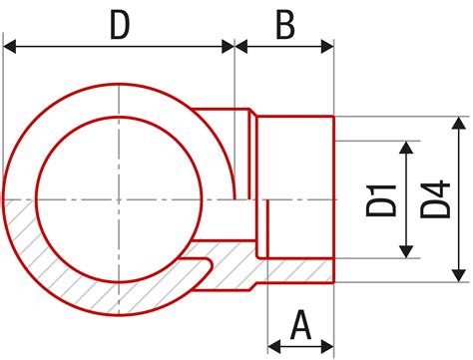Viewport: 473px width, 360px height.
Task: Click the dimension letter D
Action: (120, 26)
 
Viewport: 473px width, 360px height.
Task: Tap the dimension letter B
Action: (285, 26)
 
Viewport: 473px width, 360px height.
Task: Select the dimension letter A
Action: (300, 325)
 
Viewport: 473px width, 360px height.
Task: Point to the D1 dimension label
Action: (381, 200)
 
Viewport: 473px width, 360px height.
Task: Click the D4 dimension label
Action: (435, 199)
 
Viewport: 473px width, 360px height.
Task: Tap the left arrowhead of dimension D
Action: (9, 46)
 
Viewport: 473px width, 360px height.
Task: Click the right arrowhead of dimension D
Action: (228, 46)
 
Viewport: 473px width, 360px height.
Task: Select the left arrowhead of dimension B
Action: (241, 46)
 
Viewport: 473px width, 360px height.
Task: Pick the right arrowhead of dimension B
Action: (327, 46)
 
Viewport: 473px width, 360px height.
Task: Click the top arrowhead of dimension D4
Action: (459, 123)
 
